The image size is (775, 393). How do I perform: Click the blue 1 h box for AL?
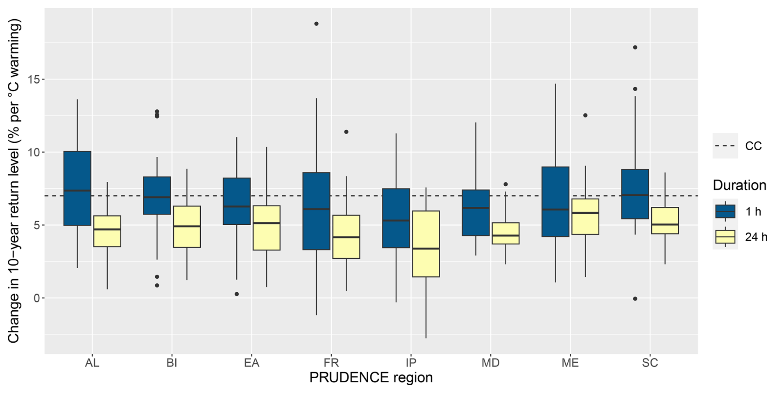click(77, 188)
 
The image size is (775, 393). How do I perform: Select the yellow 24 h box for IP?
click(426, 244)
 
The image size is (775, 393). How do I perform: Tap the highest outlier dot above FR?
click(316, 24)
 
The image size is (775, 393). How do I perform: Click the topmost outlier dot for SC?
click(635, 47)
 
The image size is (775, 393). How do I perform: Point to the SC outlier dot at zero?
click(635, 299)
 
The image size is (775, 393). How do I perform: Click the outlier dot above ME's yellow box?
click(585, 115)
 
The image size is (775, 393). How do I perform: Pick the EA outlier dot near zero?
click(237, 294)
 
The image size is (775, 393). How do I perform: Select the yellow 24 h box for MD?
click(505, 233)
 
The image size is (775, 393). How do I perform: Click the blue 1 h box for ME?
click(555, 202)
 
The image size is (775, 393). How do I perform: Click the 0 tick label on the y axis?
click(37, 298)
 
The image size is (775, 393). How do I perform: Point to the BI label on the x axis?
click(172, 363)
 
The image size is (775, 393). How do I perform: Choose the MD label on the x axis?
click(490, 363)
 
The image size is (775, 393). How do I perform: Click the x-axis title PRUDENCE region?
click(371, 377)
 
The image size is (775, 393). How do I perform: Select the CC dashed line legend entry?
click(725, 146)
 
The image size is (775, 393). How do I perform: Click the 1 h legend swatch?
click(725, 211)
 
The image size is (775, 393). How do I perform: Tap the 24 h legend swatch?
click(725, 237)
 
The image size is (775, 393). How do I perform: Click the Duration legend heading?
click(739, 185)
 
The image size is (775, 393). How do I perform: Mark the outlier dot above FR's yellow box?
click(346, 132)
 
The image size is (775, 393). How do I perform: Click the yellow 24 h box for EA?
click(267, 228)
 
